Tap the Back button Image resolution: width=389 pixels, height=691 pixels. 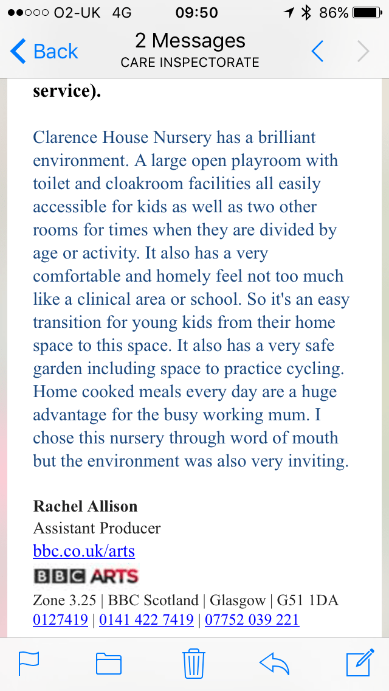[45, 52]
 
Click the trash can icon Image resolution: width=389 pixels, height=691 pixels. [193, 664]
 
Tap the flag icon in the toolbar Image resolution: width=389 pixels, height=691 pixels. [29, 664]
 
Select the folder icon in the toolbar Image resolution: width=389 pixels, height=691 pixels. [109, 664]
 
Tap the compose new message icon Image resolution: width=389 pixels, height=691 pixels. [359, 663]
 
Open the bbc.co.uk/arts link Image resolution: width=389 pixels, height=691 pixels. [84, 552]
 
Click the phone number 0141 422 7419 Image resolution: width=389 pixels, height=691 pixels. [146, 620]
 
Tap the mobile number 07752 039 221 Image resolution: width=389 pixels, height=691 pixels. [252, 620]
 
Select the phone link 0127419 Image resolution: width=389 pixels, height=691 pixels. [61, 620]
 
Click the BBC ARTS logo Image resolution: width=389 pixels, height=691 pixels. [86, 575]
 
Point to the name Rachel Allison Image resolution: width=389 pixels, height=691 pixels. [85, 506]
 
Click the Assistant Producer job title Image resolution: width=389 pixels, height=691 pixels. [97, 528]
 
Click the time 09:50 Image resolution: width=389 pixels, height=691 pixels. [196, 12]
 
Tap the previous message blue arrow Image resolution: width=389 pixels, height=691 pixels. [318, 52]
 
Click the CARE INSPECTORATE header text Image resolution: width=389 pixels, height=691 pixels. [190, 62]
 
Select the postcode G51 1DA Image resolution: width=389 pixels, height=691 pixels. [308, 600]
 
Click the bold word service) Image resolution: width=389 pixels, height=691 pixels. [67, 91]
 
